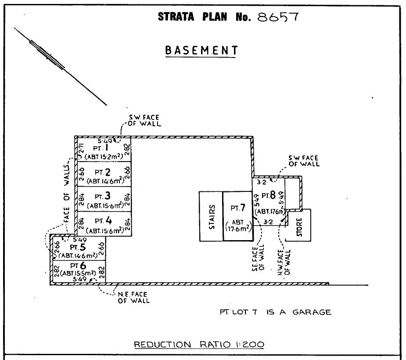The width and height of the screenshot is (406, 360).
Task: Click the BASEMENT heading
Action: coord(201,50)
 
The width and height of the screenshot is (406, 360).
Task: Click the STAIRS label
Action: coord(212,216)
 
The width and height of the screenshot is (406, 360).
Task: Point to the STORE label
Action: coord(300,226)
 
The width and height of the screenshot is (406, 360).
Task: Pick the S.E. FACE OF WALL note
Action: coord(259,259)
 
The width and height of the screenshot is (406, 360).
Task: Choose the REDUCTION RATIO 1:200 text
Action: coord(199,345)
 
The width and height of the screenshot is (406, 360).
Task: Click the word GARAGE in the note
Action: coord(312,312)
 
